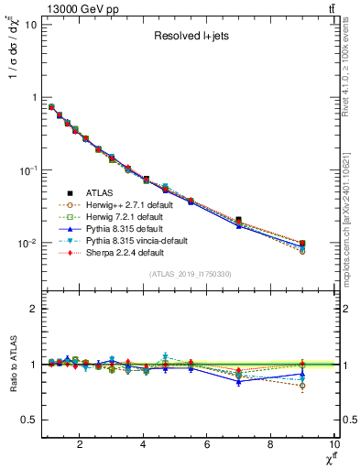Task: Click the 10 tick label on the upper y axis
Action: pyautogui.click(x=30, y=24)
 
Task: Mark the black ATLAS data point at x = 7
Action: pyautogui.click(x=239, y=220)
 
